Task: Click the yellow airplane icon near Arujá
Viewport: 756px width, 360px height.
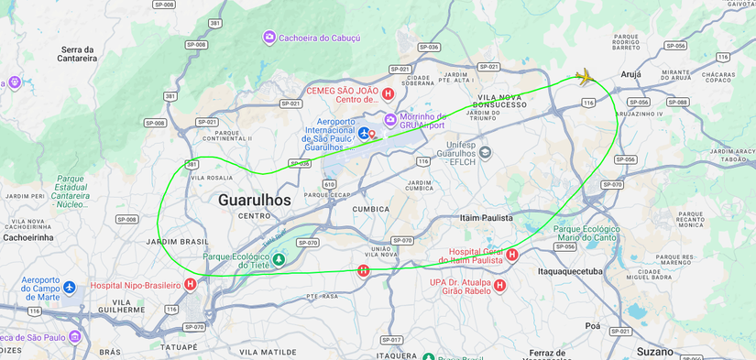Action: [585, 77]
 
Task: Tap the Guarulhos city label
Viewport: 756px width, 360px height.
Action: [254, 200]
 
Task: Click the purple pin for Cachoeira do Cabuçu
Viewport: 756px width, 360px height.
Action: [268, 38]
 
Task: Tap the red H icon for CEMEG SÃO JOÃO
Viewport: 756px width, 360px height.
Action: [388, 93]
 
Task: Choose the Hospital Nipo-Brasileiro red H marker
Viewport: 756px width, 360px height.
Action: [191, 285]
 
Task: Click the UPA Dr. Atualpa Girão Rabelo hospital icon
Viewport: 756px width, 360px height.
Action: [499, 286]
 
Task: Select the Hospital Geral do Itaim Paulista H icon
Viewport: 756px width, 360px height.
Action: [512, 255]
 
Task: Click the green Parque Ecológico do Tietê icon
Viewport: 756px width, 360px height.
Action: [279, 259]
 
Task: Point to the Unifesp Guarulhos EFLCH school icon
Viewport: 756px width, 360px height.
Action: [485, 152]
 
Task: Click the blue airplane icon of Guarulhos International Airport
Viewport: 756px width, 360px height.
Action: [364, 134]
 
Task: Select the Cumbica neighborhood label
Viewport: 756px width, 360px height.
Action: [371, 209]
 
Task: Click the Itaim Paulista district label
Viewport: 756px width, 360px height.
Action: [486, 218]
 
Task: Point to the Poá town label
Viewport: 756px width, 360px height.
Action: [593, 325]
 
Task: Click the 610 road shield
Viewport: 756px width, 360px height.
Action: [329, 184]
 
